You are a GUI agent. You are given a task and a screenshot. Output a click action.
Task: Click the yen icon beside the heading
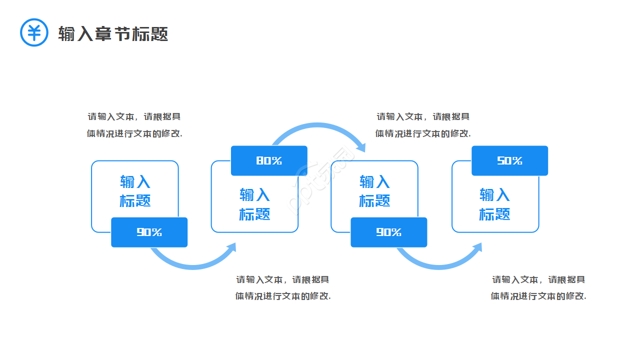coord(34,32)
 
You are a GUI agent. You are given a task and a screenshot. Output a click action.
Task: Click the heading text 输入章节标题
coord(113,33)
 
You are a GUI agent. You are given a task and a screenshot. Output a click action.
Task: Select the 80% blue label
coord(269,160)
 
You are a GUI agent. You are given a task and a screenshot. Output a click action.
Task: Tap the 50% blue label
coord(509,160)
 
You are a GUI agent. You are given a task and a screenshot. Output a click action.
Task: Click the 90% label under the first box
coord(149,232)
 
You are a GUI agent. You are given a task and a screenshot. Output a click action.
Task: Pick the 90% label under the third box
coord(388,232)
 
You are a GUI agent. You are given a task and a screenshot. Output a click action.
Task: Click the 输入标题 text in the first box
coord(135,191)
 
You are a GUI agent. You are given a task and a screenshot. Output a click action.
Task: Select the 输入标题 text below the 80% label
coord(254,204)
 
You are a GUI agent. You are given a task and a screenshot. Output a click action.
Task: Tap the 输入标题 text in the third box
coord(374,191)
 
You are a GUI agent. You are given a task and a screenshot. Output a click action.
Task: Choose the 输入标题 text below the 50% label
coord(495,204)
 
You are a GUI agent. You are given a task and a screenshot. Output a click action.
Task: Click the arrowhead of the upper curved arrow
coord(361,146)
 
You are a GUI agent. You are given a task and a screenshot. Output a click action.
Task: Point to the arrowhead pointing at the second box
coord(231,248)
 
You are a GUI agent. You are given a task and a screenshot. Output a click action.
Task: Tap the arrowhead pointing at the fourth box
coord(477,248)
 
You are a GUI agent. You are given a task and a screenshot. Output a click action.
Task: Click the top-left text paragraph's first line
coord(134,116)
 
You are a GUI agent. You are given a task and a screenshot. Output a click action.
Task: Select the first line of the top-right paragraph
coord(423,116)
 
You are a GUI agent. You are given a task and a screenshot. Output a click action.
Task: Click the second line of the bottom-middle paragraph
coord(283,295)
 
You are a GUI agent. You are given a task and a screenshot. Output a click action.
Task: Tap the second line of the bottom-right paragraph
coord(538,295)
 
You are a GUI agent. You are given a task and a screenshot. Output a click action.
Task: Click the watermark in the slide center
coord(320,180)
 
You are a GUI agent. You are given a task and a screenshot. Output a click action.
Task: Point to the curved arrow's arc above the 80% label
coord(315,126)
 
